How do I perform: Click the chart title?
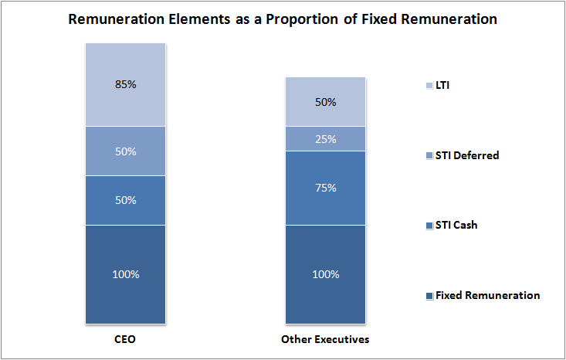click(x=283, y=19)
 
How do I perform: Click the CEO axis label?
click(x=124, y=339)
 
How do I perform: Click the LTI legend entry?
click(x=442, y=85)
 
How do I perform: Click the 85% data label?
click(x=124, y=84)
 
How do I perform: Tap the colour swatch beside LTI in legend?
click(x=429, y=86)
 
